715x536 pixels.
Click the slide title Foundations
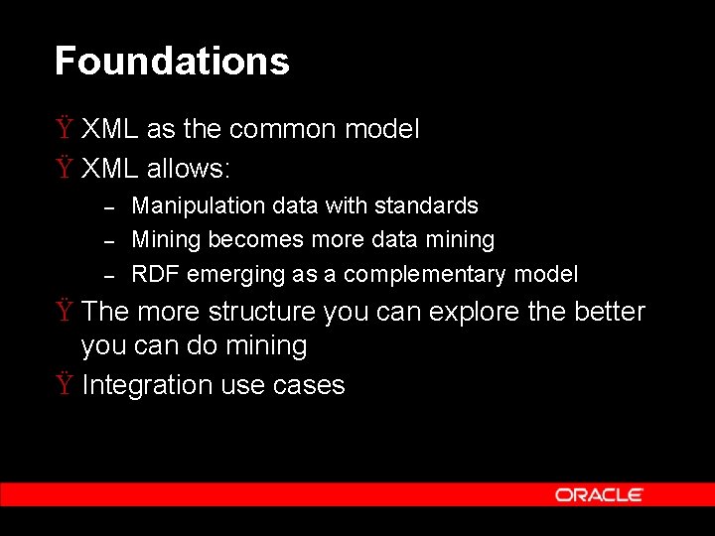click(x=172, y=62)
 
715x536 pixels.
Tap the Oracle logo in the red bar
click(x=599, y=494)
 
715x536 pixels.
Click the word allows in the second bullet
click(x=189, y=169)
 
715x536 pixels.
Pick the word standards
click(x=428, y=206)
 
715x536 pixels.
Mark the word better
click(x=610, y=312)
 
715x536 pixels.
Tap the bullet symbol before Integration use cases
click(x=64, y=384)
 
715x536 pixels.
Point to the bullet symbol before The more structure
click(x=64, y=311)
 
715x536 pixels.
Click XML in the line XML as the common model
click(x=110, y=129)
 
